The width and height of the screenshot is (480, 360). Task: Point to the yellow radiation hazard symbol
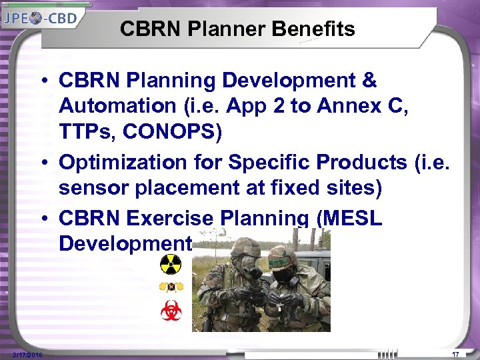tap(171, 265)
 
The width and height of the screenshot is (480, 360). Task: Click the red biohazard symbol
tap(171, 311)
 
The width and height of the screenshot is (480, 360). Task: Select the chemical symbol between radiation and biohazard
tap(171, 287)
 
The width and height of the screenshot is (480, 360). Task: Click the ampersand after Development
tap(369, 81)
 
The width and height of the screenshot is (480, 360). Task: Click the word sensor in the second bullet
tap(93, 189)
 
